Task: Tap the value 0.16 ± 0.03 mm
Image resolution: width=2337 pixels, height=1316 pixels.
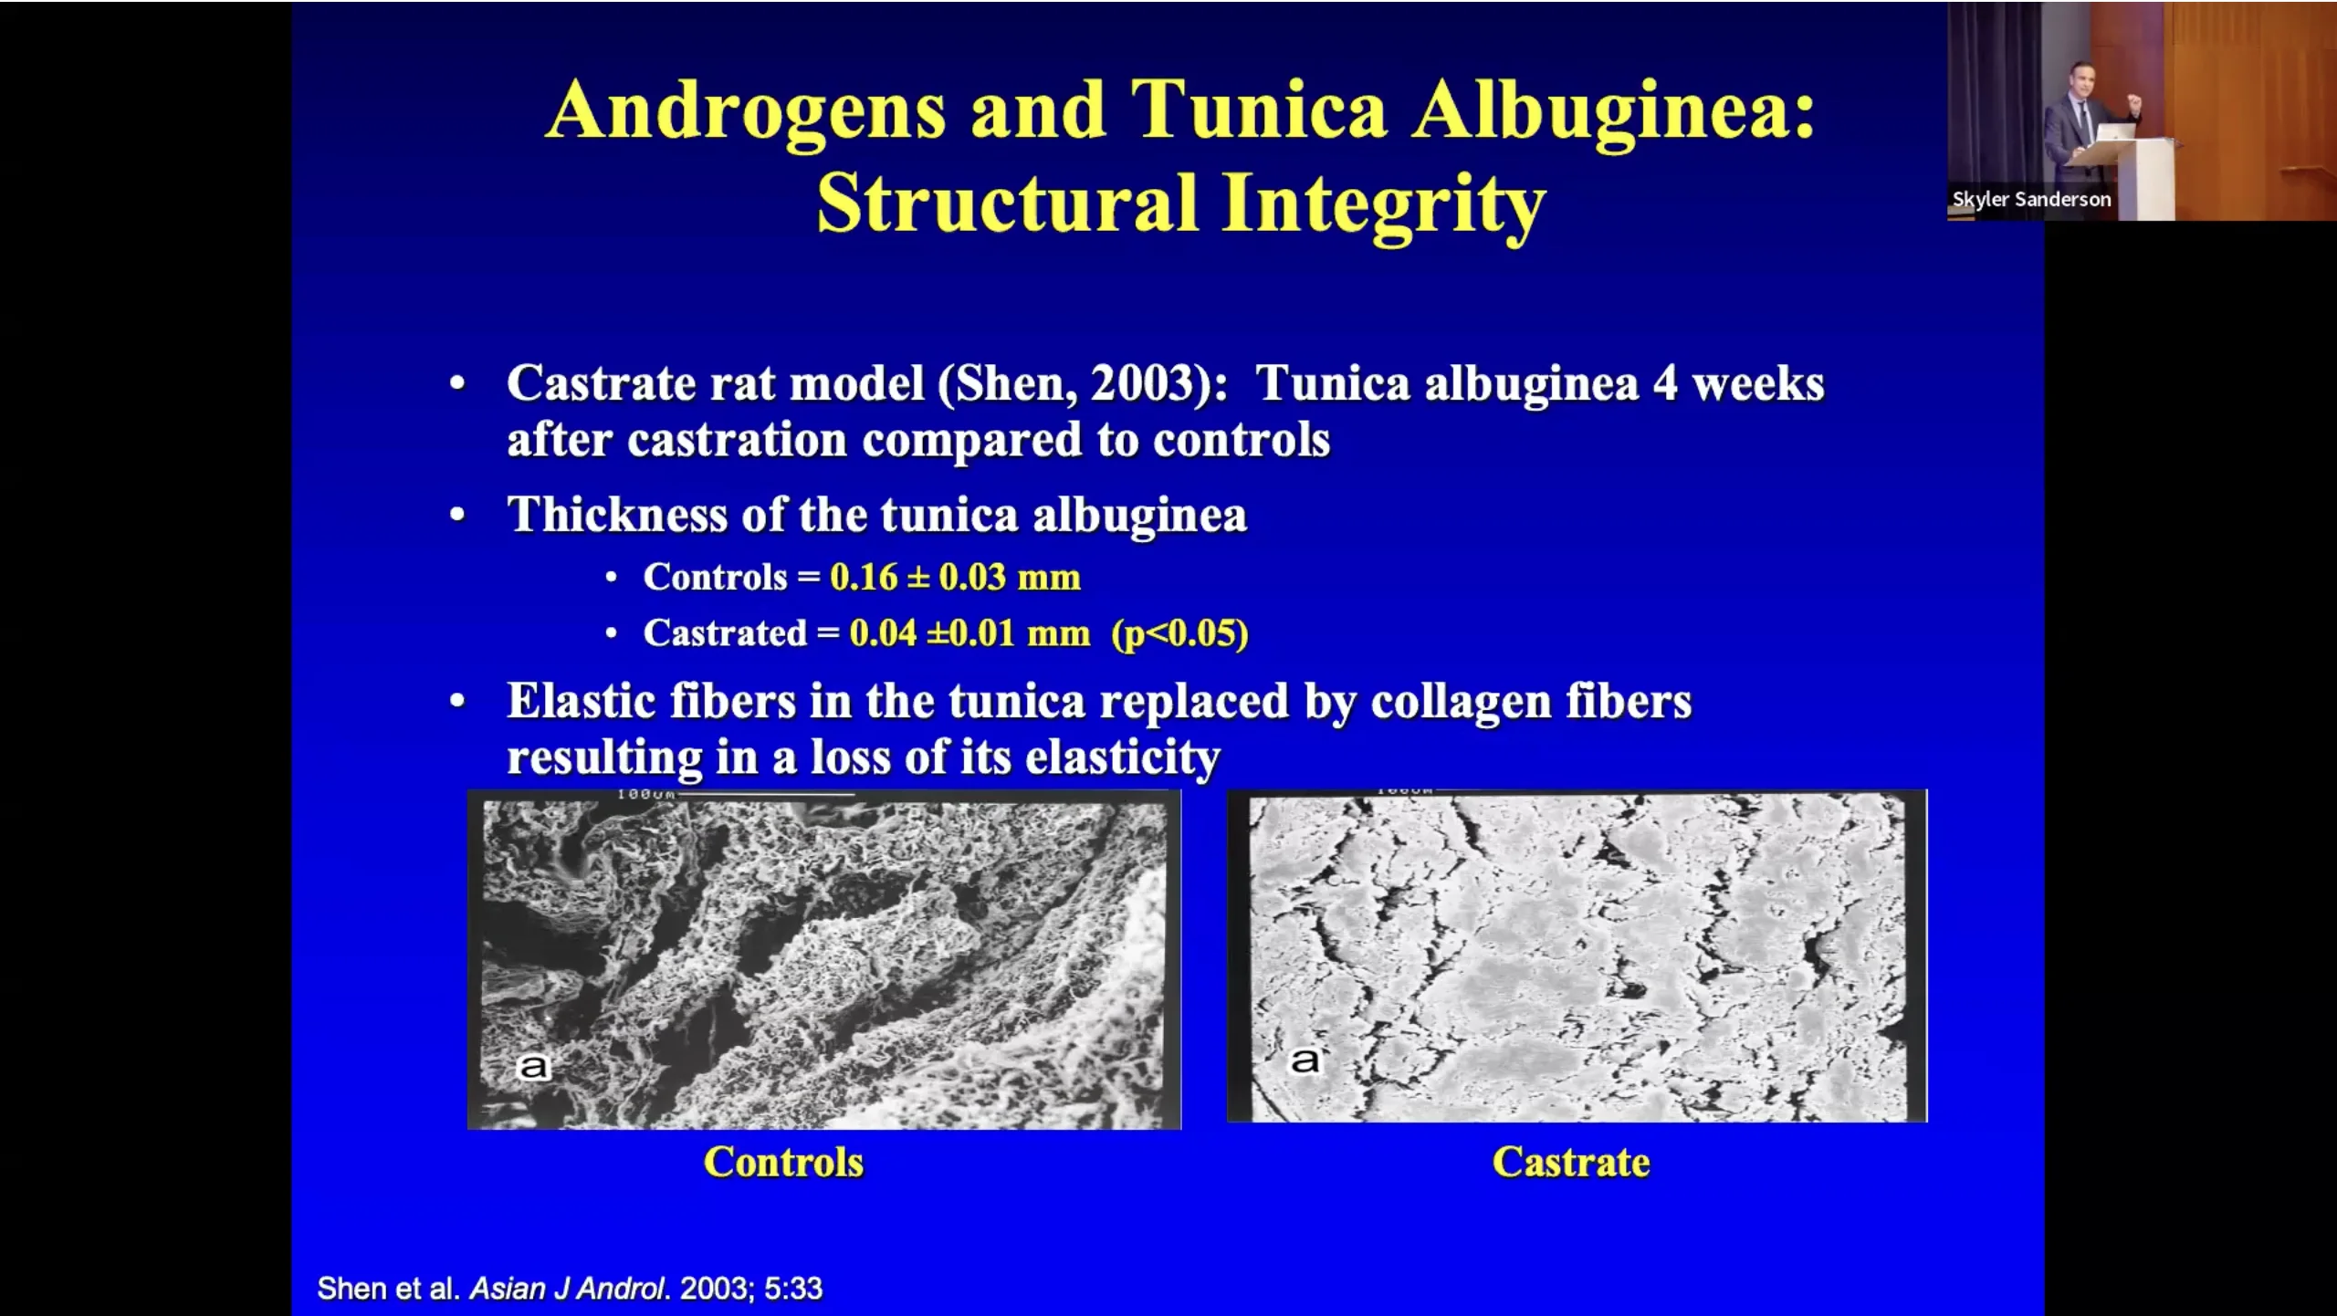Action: tap(955, 577)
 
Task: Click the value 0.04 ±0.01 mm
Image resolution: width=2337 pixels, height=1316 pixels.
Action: tap(969, 632)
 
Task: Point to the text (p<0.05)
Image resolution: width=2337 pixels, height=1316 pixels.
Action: tap(1179, 633)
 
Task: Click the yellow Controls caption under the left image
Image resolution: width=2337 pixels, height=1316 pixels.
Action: tap(783, 1162)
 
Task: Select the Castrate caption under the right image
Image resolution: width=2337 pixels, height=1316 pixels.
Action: tap(1571, 1162)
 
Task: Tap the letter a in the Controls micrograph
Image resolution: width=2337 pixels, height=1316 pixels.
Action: tap(533, 1066)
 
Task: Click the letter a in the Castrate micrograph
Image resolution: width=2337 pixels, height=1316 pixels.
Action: tap(1305, 1060)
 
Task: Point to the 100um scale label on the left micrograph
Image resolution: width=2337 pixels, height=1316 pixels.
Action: tap(645, 795)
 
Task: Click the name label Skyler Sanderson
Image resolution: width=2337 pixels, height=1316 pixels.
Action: tap(2031, 199)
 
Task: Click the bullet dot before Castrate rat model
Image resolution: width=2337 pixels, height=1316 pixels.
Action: tap(457, 384)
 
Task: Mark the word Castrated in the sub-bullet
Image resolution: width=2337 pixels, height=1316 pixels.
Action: tap(725, 632)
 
